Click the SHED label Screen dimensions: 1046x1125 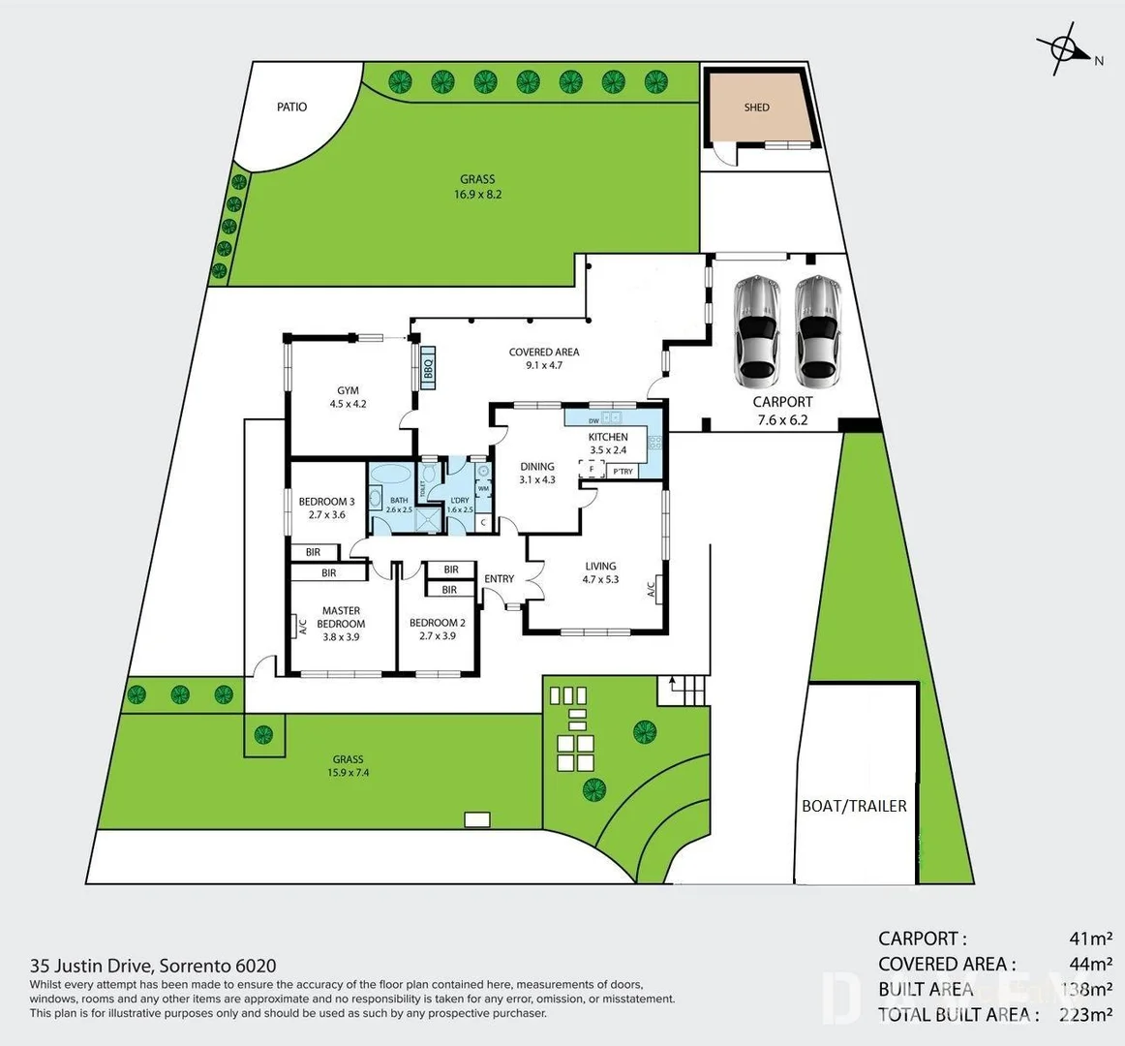tap(756, 108)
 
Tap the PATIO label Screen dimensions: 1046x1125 tap(291, 107)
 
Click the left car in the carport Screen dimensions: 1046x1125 tap(755, 329)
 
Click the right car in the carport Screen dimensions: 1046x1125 tap(817, 329)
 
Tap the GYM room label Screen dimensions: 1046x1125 tap(348, 391)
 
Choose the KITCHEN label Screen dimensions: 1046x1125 tap(608, 437)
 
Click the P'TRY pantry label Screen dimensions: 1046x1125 tap(623, 472)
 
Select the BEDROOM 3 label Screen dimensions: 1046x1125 tap(326, 502)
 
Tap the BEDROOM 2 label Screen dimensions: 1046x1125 tap(437, 623)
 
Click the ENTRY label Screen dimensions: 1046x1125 tap(500, 579)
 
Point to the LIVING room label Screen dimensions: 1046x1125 tap(600, 567)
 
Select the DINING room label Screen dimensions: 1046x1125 tap(537, 467)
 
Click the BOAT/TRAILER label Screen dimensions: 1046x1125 tap(854, 806)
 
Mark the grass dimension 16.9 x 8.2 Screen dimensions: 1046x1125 tap(477, 194)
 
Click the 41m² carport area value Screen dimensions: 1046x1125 tap(1090, 938)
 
